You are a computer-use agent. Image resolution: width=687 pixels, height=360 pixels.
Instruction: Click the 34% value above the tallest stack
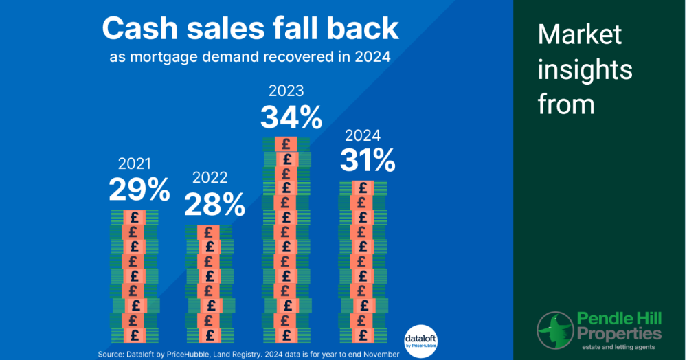[x=291, y=117]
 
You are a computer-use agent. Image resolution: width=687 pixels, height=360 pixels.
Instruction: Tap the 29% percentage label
[x=139, y=190]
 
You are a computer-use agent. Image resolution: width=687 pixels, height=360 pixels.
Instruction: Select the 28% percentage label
[x=214, y=205]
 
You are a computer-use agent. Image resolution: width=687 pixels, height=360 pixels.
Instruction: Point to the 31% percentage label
[x=368, y=161]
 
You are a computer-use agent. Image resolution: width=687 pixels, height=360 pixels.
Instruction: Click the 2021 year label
[x=135, y=164]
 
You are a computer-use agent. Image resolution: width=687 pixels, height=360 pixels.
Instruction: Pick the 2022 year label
[x=210, y=178]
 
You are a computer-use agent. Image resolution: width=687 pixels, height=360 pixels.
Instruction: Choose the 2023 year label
[x=286, y=91]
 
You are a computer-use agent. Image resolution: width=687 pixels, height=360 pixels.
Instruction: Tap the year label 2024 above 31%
[x=363, y=135]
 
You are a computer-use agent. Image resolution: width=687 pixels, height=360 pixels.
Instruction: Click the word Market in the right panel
[x=580, y=34]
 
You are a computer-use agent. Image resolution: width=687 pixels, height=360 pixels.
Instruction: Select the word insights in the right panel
[x=585, y=70]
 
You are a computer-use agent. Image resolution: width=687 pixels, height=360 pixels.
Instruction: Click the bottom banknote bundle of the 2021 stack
[x=135, y=336]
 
